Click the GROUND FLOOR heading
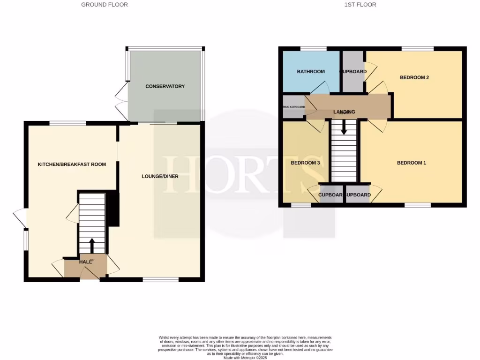pos(104,5)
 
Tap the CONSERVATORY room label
pos(165,86)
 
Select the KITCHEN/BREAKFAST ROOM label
pos(72,165)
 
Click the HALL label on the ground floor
pos(85,262)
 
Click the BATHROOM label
pos(310,72)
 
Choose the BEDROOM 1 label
pos(411,163)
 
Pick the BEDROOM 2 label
pos(414,78)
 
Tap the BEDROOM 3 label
pos(305,163)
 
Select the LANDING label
pos(344,112)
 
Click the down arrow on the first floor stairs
pos(344,127)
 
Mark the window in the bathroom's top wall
pos(313,48)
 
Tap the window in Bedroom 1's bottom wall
pos(418,205)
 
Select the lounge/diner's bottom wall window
pos(161,280)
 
